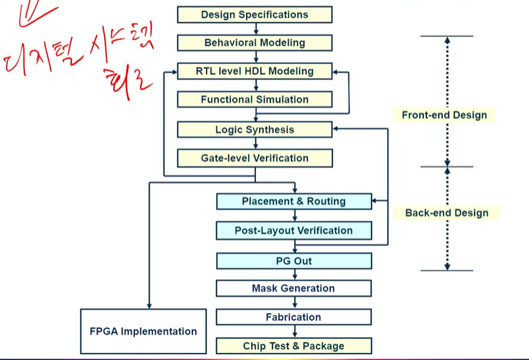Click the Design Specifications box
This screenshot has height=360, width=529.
255,14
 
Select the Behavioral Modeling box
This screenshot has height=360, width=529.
255,43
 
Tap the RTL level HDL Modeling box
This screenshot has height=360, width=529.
255,71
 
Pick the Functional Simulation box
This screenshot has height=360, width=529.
255,100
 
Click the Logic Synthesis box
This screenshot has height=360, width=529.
255,130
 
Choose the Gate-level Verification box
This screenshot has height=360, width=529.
255,158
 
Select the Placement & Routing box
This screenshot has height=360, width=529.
294,202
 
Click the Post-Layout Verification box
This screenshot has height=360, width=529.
294,230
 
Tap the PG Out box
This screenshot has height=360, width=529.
294,261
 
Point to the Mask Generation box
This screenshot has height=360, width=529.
294,288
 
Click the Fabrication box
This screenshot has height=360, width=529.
294,317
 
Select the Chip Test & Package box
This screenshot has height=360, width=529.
294,346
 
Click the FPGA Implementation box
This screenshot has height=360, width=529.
143,331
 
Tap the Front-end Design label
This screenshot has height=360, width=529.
444,115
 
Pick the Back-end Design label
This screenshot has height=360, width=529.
447,212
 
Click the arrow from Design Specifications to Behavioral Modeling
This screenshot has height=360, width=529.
255,29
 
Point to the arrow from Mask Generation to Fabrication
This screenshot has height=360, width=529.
294,303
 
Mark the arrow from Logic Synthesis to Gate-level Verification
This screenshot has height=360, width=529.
255,144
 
